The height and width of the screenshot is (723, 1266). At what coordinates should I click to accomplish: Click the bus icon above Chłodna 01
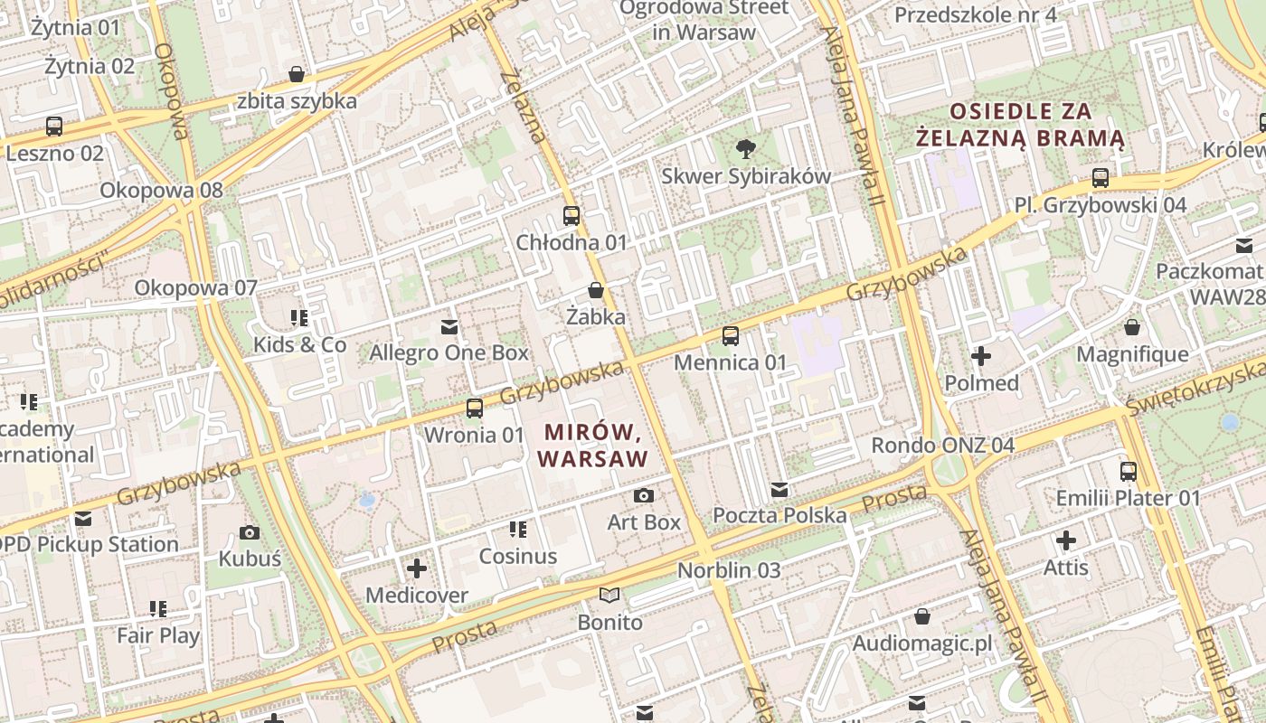click(572, 216)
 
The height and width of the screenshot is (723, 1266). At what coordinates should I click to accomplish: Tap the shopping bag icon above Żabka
click(596, 290)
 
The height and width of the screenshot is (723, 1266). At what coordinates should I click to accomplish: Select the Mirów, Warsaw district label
click(593, 445)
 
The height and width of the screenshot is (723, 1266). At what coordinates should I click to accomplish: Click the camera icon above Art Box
click(644, 495)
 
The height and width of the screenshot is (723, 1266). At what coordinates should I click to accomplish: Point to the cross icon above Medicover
click(417, 568)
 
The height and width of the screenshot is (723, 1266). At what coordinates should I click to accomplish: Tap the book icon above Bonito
click(610, 595)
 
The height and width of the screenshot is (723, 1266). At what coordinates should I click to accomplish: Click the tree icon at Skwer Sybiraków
click(746, 149)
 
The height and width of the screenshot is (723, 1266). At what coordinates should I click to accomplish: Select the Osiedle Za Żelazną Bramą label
click(1021, 126)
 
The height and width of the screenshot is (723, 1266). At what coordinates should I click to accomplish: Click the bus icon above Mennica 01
click(731, 336)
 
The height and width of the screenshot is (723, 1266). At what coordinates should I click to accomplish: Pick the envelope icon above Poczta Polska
click(779, 490)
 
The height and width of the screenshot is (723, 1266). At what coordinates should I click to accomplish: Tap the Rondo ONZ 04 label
click(942, 446)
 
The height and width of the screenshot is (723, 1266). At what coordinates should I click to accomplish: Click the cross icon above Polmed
click(981, 356)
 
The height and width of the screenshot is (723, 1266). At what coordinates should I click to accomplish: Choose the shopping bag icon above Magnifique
click(1132, 326)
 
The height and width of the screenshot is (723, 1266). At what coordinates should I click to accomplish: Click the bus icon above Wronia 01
click(475, 408)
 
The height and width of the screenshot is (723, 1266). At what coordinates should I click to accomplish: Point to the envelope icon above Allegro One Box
click(449, 326)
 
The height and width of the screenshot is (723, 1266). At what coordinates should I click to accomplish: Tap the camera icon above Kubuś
click(250, 532)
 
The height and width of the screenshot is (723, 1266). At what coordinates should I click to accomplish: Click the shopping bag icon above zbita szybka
click(297, 74)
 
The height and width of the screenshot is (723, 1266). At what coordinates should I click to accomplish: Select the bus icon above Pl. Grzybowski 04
click(1101, 178)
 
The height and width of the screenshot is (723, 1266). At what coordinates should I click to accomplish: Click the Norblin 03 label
click(729, 571)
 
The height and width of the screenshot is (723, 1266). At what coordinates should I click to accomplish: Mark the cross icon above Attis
click(1066, 541)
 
